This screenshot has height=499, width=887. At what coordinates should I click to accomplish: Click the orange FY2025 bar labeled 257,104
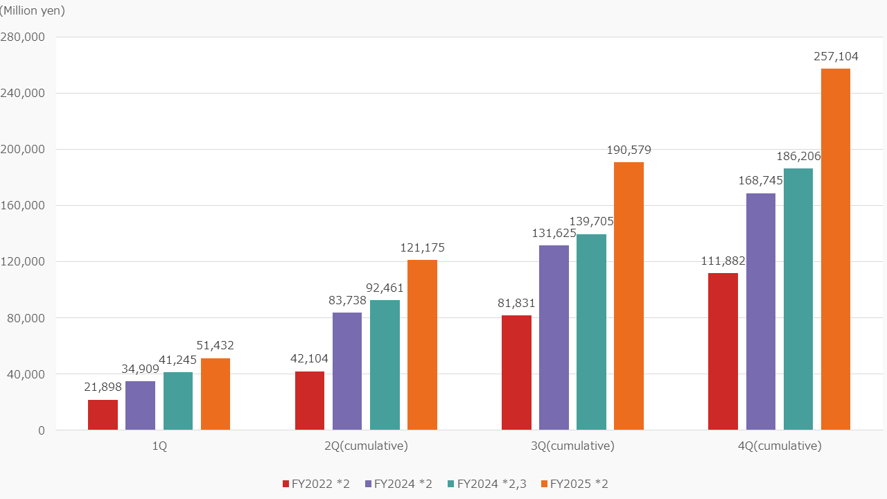point(835,249)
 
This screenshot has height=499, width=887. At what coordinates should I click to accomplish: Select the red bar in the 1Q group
point(103,415)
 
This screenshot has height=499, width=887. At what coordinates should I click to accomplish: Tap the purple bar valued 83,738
point(347,371)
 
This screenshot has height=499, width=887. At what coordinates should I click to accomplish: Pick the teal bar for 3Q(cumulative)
point(591,332)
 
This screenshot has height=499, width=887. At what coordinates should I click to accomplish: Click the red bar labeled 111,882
point(723,351)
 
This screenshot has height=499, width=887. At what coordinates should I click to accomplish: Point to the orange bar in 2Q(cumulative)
point(422,345)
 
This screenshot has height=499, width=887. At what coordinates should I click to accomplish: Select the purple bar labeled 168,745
point(760,312)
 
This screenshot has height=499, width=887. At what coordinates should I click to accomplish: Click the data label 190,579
point(629,150)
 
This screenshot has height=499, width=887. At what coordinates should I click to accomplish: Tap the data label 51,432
point(216,346)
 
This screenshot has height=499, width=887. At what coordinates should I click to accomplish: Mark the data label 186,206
point(798,156)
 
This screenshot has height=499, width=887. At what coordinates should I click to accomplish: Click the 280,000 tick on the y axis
point(23,37)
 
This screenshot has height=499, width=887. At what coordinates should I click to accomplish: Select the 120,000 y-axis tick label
point(23,262)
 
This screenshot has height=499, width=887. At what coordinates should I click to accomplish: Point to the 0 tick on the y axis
point(42,430)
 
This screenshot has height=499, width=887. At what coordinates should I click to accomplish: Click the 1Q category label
point(159,446)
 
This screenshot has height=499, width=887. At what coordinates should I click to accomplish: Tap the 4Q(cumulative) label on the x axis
point(780,446)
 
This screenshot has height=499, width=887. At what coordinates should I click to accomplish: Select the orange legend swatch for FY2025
point(545,484)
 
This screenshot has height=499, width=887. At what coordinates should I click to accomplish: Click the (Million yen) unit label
point(33,10)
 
